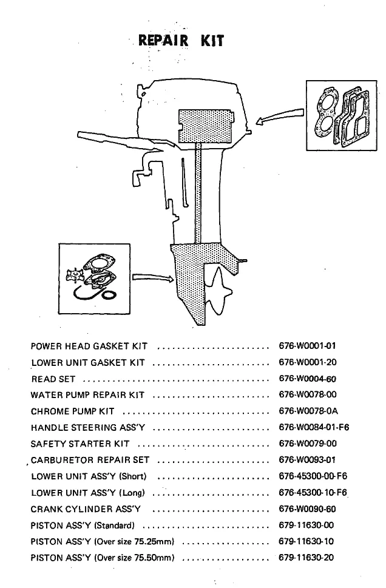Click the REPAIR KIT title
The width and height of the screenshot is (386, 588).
click(x=181, y=41)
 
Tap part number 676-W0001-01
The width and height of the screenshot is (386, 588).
click(x=307, y=346)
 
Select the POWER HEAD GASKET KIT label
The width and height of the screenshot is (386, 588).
click(x=89, y=346)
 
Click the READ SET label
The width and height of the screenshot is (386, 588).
click(x=53, y=379)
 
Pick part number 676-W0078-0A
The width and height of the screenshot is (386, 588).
click(x=308, y=411)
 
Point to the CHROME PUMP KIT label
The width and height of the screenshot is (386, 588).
click(x=72, y=411)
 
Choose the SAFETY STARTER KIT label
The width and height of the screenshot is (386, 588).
click(x=80, y=444)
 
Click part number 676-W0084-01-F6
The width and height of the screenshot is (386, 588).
click(x=314, y=427)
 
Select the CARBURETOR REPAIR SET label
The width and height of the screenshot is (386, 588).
click(x=90, y=460)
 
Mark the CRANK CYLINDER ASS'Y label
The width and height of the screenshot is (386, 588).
click(x=86, y=509)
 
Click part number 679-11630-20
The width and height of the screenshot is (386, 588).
click(x=306, y=558)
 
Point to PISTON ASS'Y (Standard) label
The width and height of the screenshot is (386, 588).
click(x=83, y=525)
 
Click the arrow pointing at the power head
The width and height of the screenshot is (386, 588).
click(x=279, y=117)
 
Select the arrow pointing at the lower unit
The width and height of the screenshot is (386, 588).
click(x=151, y=278)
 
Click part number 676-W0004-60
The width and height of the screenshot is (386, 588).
click(x=307, y=379)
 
